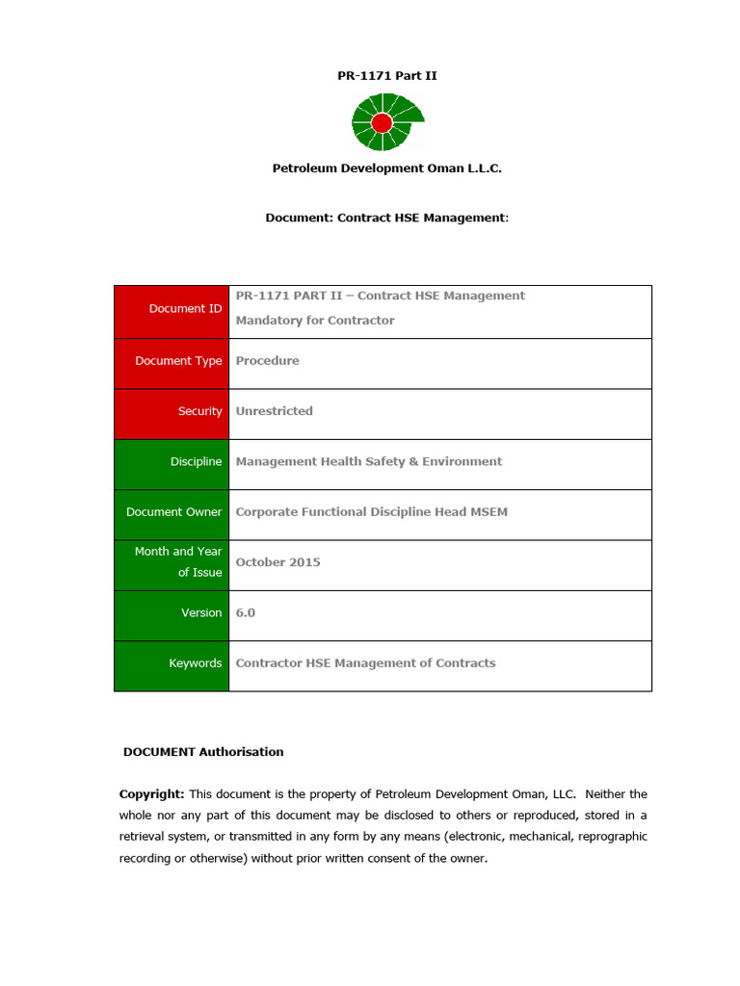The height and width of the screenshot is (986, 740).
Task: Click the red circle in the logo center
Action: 382,122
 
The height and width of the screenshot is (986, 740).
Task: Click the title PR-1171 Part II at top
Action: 386,75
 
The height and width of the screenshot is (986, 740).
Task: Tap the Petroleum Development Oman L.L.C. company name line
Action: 386,169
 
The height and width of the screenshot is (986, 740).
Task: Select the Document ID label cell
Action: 172,309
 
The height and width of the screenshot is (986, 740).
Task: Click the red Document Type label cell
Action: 172,361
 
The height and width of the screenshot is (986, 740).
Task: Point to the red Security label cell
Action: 172,411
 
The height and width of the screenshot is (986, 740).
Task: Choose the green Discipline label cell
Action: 172,462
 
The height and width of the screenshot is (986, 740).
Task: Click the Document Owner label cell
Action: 172,512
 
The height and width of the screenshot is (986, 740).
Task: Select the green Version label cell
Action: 172,613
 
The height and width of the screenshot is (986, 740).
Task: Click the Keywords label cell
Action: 172,663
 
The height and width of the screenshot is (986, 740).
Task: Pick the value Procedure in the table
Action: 267,361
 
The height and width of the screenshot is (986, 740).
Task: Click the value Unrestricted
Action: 274,411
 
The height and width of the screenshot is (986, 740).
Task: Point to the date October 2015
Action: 277,562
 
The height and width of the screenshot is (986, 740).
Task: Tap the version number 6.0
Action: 246,613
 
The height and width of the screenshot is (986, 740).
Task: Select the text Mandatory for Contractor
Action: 315,321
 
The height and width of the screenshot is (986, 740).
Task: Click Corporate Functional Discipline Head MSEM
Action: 371,512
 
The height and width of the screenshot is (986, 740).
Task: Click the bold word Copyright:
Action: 151,794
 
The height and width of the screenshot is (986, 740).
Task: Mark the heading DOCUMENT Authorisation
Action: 203,752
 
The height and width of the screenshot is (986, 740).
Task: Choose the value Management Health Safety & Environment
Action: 368,462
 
